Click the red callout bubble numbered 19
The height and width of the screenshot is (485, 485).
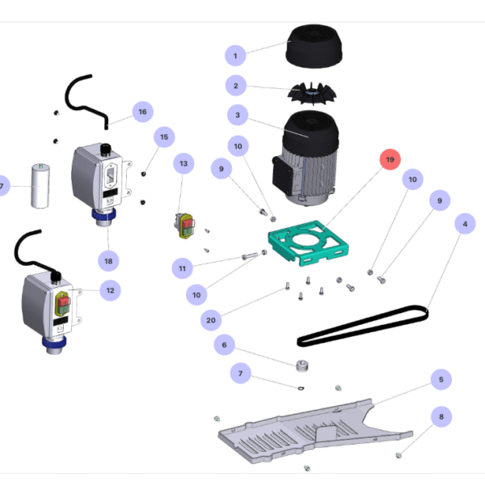point(390,161)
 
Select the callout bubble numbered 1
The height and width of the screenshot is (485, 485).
point(235,56)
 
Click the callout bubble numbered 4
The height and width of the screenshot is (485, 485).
point(464,223)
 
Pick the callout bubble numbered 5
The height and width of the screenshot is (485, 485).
point(441,378)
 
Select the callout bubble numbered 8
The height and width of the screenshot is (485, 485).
point(441,417)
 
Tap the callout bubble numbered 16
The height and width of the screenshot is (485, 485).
point(142,112)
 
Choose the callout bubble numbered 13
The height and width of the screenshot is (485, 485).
point(184,164)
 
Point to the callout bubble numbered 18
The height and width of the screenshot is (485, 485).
point(108,261)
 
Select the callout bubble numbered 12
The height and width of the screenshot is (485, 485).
point(110,289)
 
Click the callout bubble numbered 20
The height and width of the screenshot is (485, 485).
point(211,321)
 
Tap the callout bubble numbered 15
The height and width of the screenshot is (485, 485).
point(164,137)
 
